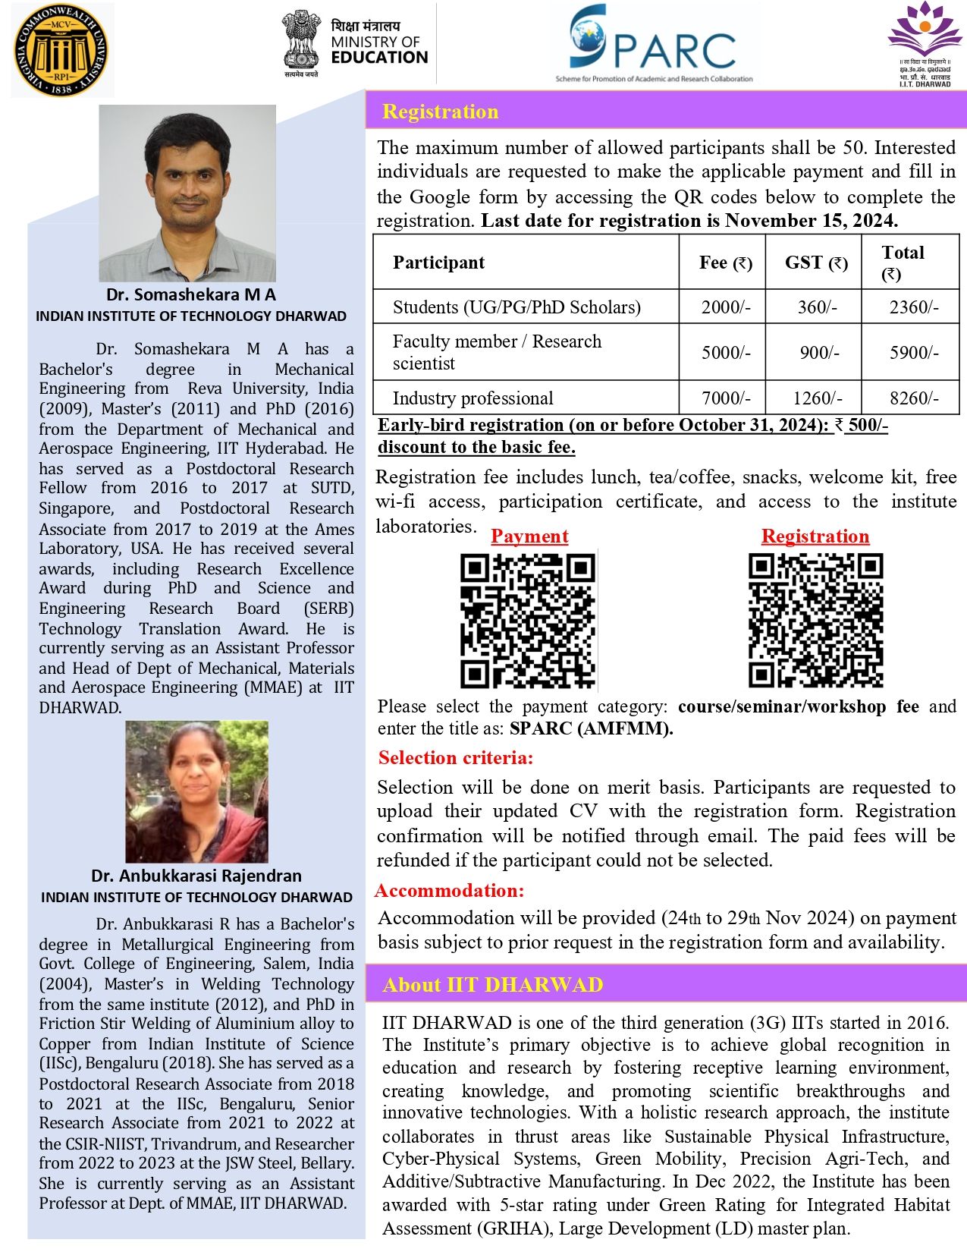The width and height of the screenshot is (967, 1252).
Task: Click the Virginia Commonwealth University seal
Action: (61, 50)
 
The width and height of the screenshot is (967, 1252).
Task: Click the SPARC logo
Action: (652, 43)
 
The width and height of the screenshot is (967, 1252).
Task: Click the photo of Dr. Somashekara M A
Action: (187, 193)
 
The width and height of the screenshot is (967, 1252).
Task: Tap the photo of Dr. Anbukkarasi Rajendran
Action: (196, 791)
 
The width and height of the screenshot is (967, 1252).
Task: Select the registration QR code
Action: (815, 620)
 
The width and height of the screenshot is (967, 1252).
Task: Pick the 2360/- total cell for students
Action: (913, 307)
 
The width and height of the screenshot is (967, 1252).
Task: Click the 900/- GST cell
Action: (818, 353)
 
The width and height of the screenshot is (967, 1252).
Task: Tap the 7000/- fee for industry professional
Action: (725, 398)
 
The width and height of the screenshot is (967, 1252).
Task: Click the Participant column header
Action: (438, 263)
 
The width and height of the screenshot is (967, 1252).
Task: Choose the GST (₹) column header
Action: (815, 263)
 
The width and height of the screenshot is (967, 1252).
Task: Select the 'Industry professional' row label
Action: (473, 398)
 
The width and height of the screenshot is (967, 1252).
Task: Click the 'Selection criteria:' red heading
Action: (456, 757)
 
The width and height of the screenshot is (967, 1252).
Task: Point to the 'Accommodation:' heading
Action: (450, 890)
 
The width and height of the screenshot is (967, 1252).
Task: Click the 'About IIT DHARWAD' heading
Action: (492, 985)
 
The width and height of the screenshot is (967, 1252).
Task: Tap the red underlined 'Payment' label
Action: (529, 536)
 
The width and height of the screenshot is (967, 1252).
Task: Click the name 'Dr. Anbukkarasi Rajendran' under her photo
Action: (196, 876)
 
